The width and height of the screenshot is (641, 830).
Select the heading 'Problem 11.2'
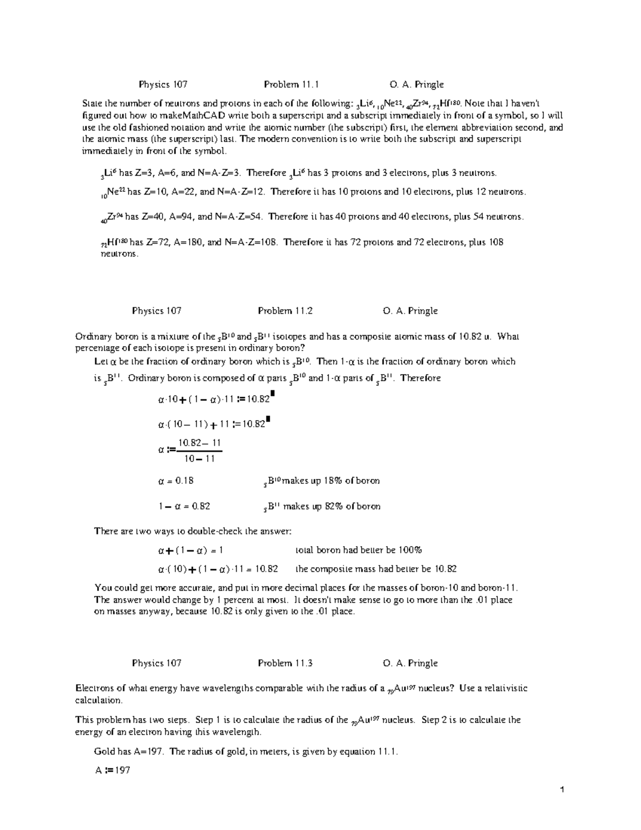click(285, 311)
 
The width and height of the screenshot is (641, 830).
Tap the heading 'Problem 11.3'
click(285, 663)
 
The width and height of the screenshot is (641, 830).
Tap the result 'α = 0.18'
click(175, 480)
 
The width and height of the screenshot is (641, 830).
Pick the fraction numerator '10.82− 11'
click(199, 443)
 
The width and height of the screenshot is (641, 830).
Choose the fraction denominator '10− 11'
click(199, 459)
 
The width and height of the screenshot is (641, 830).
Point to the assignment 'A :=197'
click(112, 770)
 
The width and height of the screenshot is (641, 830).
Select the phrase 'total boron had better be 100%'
click(359, 550)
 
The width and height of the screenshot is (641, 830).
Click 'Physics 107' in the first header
click(163, 84)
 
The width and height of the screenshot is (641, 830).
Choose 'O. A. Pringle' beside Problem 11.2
click(410, 311)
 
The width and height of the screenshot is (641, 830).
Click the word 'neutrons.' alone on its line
click(120, 254)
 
